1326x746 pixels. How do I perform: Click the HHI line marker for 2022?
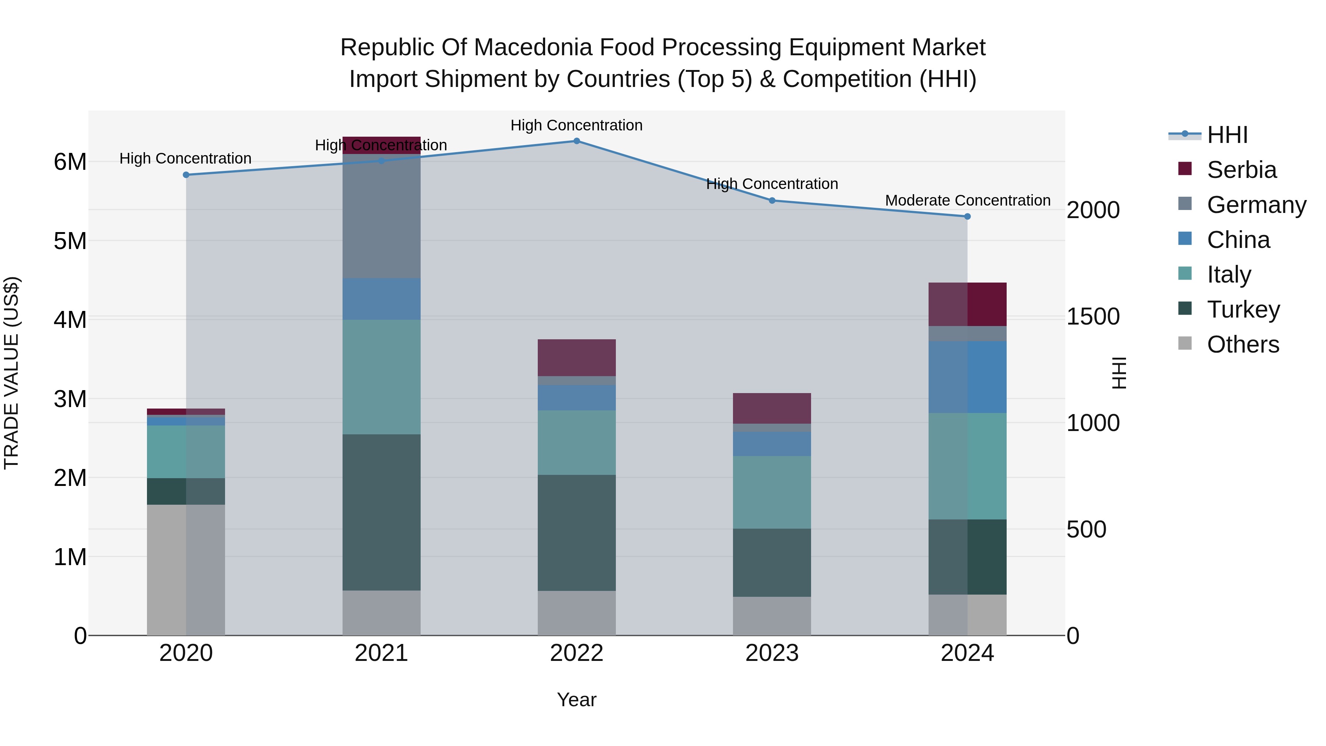(576, 141)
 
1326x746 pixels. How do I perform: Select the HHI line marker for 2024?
(967, 217)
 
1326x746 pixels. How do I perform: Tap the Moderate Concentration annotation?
(968, 200)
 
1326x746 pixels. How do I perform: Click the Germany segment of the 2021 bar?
(382, 216)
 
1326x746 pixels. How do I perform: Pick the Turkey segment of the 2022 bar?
(576, 533)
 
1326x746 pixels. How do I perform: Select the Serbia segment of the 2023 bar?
(772, 408)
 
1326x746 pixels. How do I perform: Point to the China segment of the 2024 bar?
(967, 377)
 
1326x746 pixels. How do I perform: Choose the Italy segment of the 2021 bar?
(382, 377)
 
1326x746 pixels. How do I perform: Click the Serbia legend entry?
(1241, 170)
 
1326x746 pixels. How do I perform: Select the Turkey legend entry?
(1243, 309)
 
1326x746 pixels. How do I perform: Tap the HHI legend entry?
(1227, 135)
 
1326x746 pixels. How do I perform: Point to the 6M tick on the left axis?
(70, 162)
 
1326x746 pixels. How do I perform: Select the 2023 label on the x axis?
(772, 653)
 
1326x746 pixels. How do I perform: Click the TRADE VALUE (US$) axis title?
(11, 373)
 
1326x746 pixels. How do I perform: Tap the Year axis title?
(576, 700)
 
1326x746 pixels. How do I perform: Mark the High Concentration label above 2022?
(576, 125)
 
